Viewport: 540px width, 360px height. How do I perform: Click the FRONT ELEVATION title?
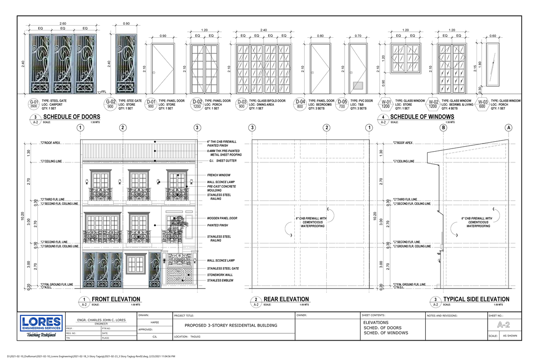click(116, 299)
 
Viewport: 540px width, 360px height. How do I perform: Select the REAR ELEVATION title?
click(286, 299)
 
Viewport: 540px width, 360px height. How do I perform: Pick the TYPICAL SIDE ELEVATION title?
click(476, 299)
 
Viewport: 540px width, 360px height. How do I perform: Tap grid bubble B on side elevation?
click(443, 128)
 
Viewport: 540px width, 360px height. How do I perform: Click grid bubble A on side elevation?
click(509, 128)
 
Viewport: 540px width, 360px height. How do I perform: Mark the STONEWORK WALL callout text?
click(220, 274)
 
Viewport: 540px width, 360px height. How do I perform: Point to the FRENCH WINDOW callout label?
click(219, 175)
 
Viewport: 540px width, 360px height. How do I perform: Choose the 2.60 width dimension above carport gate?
click(63, 23)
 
